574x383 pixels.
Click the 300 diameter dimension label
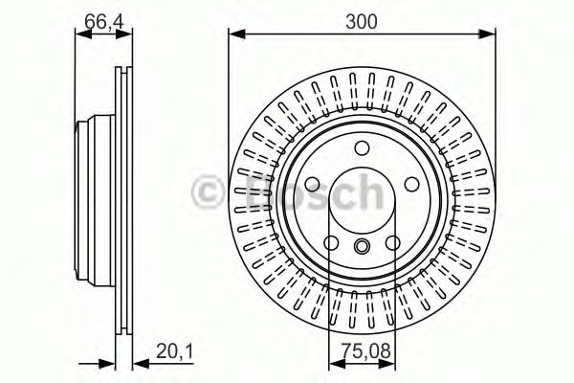pyautogui.click(x=362, y=20)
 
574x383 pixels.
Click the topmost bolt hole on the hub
pyautogui.click(x=362, y=149)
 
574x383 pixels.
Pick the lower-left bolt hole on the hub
pyautogui.click(x=331, y=242)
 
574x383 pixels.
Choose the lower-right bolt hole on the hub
pyautogui.click(x=392, y=242)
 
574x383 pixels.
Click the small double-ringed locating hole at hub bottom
pyautogui.click(x=362, y=247)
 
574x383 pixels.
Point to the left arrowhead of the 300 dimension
pyautogui.click(x=233, y=36)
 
